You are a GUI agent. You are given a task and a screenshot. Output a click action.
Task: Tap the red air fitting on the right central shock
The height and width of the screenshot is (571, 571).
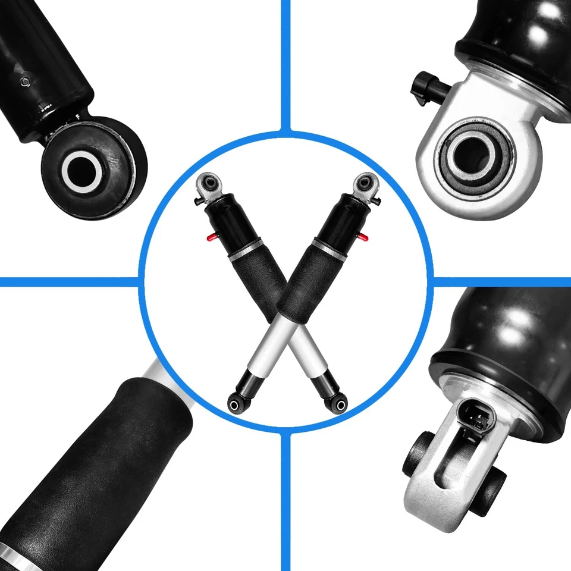coord(363,238)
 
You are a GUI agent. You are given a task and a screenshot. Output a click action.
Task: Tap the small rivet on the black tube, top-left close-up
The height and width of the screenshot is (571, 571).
coord(24,82)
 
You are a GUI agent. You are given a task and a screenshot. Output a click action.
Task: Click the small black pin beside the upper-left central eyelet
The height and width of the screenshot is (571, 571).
coord(197,200)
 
